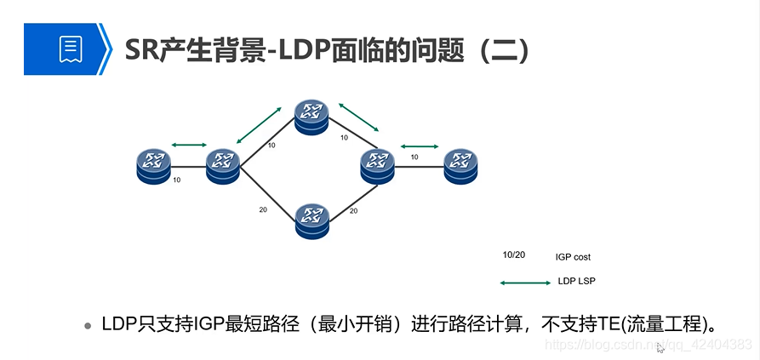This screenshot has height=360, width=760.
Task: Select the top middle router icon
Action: [x=311, y=116]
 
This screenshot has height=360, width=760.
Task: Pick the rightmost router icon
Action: [x=461, y=164]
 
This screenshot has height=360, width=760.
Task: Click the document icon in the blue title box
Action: [x=70, y=49]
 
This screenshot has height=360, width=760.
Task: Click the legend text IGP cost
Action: [x=573, y=257]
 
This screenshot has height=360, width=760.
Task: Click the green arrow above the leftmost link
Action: [x=189, y=145]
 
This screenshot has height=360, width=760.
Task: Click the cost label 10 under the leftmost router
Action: [x=176, y=180]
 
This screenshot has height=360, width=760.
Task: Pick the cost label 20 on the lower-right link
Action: [x=351, y=210]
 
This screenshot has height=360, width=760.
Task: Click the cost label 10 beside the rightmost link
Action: [x=414, y=157]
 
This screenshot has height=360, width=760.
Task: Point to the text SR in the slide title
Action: [x=140, y=49]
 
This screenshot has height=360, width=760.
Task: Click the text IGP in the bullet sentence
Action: [x=209, y=324]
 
